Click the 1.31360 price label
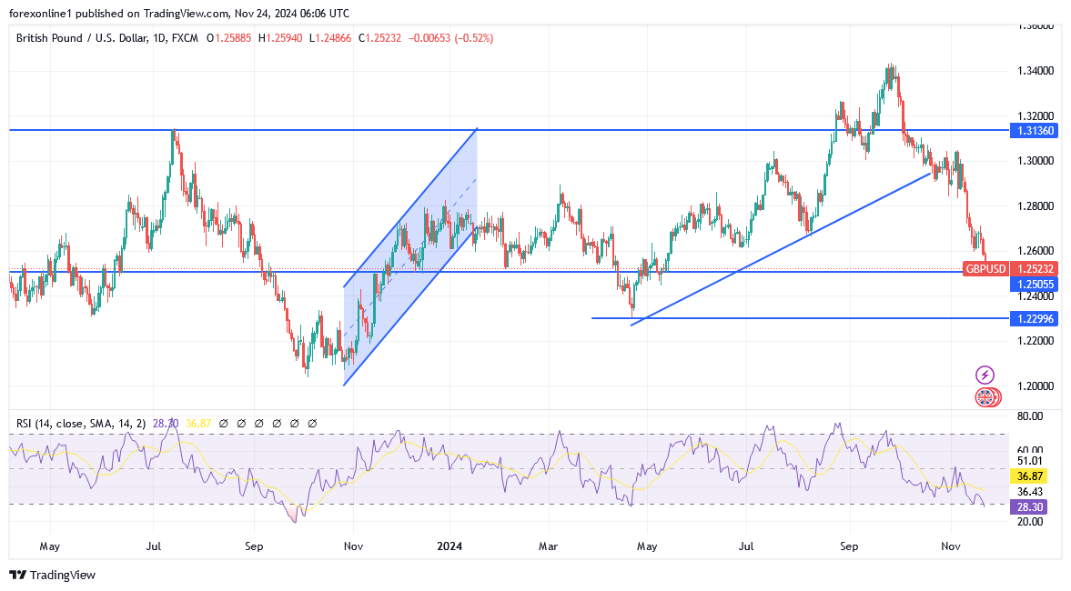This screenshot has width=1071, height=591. coord(1034,131)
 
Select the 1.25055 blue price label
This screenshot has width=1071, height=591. coord(1034,285)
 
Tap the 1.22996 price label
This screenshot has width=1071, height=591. coord(1034,318)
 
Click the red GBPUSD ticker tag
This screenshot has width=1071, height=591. coord(985,269)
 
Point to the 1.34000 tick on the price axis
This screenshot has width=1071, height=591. coord(1035,71)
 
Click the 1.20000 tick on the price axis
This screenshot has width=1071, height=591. coord(1035,386)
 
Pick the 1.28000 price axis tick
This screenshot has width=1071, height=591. coord(1035,205)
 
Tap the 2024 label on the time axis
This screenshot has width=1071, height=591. coord(450,546)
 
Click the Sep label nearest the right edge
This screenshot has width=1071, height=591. coord(848,546)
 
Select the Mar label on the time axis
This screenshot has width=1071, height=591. coord(549,546)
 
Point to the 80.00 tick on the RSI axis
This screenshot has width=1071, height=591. coord(1030,416)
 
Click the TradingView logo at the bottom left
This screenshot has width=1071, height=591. coord(52,575)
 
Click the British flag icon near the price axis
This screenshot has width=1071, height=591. coord(985,397)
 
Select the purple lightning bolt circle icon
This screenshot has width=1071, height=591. coord(985,375)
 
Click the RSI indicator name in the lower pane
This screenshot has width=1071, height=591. coord(24,423)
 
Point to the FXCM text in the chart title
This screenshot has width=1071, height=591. coord(186,38)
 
